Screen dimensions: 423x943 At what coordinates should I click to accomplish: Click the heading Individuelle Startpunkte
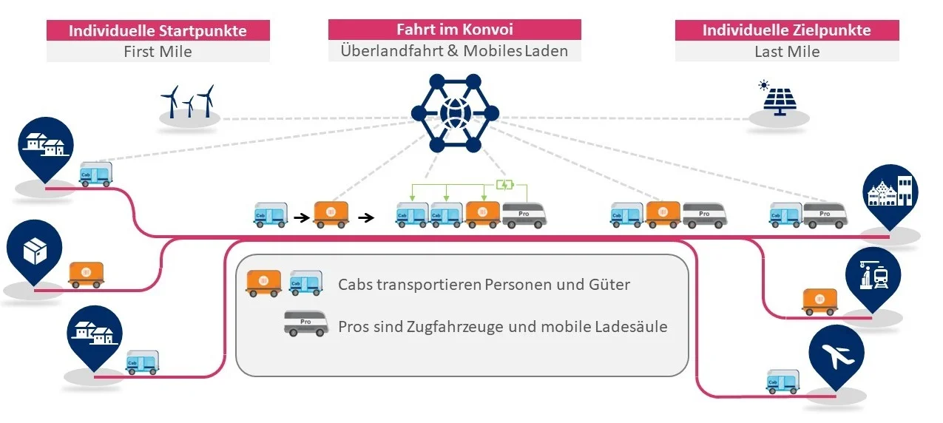point(158,30)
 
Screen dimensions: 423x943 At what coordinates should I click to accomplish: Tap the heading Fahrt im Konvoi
point(454,30)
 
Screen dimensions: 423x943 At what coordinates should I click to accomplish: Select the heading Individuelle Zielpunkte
point(786,30)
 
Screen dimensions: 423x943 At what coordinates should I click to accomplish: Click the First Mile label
point(158,52)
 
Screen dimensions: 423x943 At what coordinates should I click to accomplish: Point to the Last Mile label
point(786,52)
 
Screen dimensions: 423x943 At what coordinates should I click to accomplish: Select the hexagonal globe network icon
point(454,113)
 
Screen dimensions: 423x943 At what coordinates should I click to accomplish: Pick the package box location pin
point(34,251)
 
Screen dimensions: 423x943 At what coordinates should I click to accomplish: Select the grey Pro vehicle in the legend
point(306,324)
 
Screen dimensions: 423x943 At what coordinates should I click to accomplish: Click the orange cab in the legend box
point(263,283)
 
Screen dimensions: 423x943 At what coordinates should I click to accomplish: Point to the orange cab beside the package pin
point(87,274)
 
